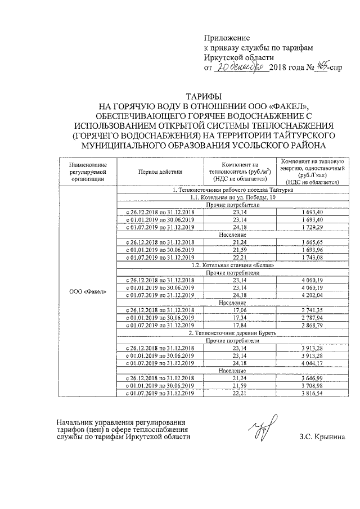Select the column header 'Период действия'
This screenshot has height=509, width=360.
point(160,172)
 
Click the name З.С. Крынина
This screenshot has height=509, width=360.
point(322,436)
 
